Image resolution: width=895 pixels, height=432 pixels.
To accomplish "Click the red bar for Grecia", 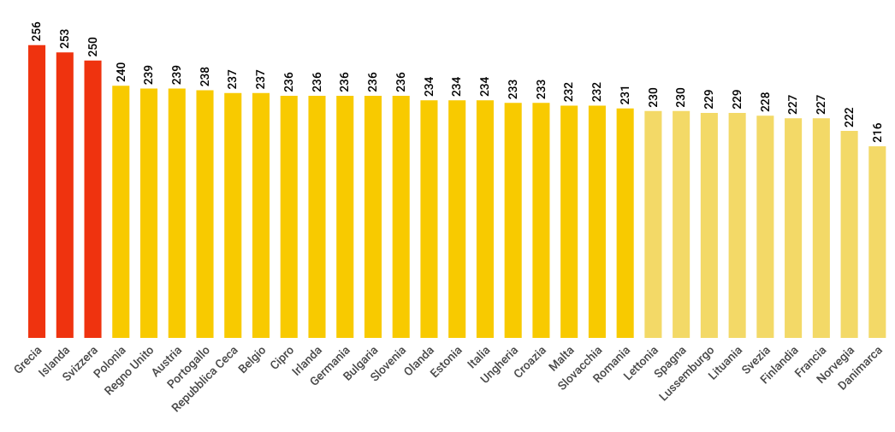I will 37,192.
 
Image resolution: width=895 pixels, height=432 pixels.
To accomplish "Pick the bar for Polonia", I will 121,212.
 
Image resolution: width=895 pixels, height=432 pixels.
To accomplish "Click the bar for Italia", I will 485,219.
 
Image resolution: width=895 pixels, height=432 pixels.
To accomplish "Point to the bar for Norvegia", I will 849,234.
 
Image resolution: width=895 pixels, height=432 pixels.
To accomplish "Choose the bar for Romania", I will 625,223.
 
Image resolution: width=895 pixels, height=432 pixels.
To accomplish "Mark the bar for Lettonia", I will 653,224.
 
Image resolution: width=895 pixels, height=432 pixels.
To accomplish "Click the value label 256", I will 37,31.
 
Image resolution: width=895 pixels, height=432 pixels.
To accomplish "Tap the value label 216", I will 877,132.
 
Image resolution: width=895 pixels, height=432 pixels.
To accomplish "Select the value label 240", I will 121,71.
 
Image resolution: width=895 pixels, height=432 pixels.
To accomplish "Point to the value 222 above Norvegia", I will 849,116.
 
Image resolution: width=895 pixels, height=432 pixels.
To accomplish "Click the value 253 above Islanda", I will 65,38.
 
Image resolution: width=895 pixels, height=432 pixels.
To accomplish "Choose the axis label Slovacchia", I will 581,368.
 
